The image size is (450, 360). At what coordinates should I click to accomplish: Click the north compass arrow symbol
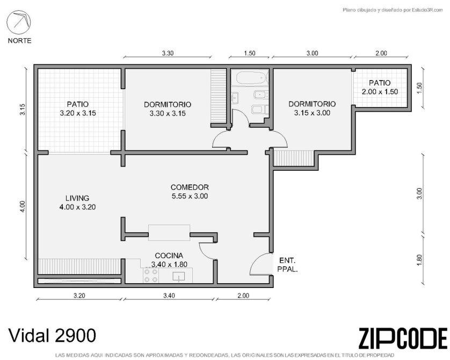point(19,23)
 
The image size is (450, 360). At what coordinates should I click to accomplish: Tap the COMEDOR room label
point(190,187)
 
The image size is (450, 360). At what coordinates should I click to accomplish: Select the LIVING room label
point(77,198)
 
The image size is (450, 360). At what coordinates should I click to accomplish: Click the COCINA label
point(169,256)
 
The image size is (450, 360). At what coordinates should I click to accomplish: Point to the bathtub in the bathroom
point(251,78)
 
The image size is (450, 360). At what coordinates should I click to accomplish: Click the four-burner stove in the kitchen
point(151,275)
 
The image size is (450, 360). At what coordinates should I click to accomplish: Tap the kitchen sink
point(178,277)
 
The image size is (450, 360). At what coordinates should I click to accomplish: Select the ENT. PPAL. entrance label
point(288,265)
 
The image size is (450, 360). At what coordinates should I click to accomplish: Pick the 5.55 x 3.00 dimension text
point(190,196)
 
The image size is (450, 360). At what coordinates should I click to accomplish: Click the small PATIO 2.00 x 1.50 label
point(380,87)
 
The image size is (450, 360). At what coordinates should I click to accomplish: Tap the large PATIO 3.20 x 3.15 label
point(78,109)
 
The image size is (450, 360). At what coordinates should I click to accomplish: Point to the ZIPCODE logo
point(402,339)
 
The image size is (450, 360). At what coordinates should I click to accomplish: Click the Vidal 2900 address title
point(52,335)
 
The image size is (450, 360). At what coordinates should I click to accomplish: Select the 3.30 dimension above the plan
point(168,53)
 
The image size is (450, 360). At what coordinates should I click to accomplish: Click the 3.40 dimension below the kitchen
point(169,296)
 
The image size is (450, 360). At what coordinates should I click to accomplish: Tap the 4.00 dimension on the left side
point(23,206)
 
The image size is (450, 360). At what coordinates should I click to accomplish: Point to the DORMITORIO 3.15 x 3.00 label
point(312,108)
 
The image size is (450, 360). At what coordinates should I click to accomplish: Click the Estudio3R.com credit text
point(393,10)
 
